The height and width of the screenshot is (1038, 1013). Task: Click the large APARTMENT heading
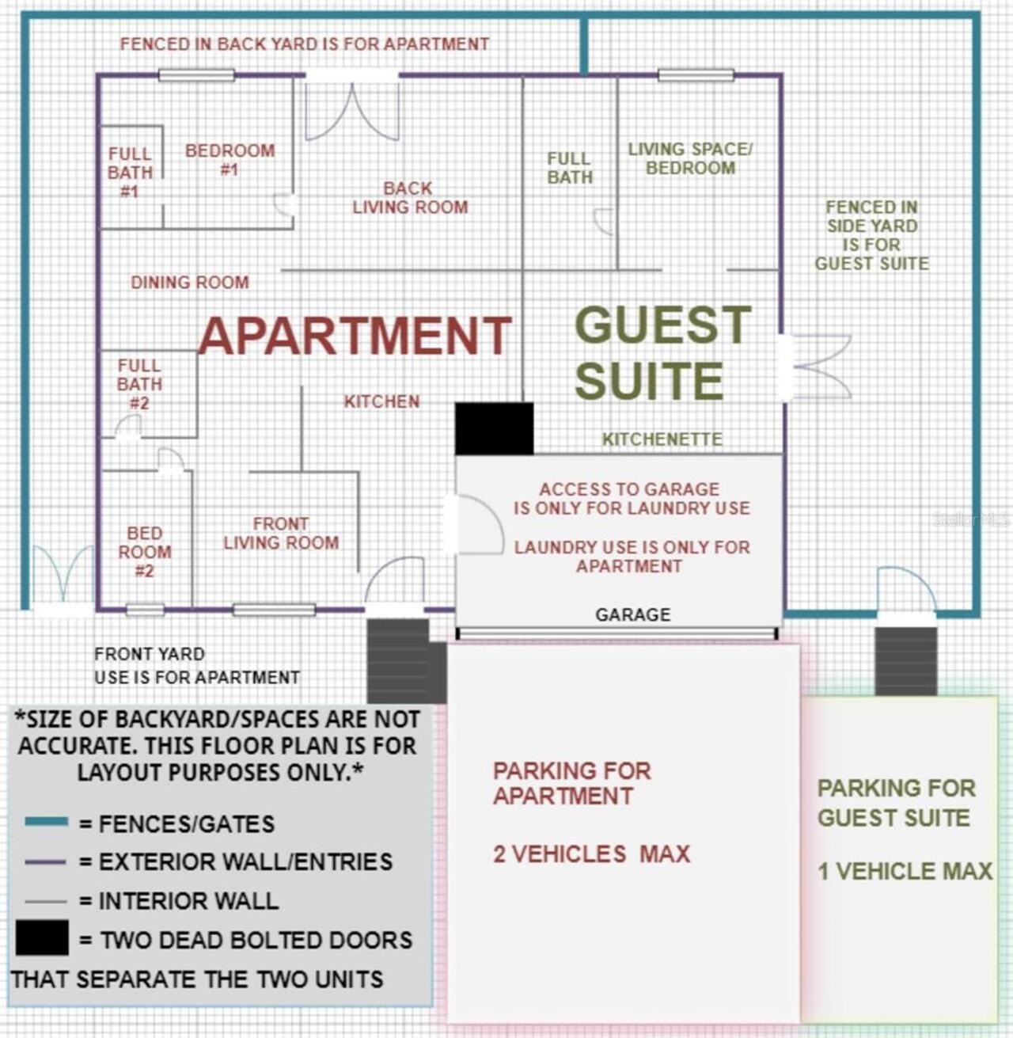click(x=355, y=335)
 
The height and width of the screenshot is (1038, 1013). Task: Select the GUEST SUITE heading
click(x=662, y=352)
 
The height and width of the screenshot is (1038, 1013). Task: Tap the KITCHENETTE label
click(x=662, y=439)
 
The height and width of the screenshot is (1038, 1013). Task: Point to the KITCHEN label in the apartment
click(x=381, y=401)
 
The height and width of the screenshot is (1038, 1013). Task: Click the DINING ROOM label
click(x=190, y=282)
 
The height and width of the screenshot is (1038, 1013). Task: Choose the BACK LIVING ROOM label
click(x=410, y=197)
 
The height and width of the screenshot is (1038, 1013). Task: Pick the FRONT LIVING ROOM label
click(x=281, y=533)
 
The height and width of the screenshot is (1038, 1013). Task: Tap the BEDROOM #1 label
click(x=230, y=160)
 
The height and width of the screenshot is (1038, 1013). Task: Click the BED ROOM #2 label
click(x=145, y=552)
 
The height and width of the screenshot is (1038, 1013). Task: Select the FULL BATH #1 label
click(x=130, y=173)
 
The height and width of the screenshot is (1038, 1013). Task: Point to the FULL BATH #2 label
click(x=139, y=384)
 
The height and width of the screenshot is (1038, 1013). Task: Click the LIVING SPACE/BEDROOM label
click(x=690, y=158)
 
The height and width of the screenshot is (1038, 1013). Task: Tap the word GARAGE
click(x=633, y=614)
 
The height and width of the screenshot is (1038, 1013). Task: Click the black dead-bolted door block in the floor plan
click(x=495, y=428)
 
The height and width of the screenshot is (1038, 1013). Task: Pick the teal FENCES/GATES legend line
click(x=47, y=821)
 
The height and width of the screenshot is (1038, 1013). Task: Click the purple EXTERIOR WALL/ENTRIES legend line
click(x=45, y=861)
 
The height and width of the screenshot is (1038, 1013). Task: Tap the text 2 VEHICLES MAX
click(x=591, y=854)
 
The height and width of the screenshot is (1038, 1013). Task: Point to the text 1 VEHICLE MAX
click(x=905, y=871)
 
